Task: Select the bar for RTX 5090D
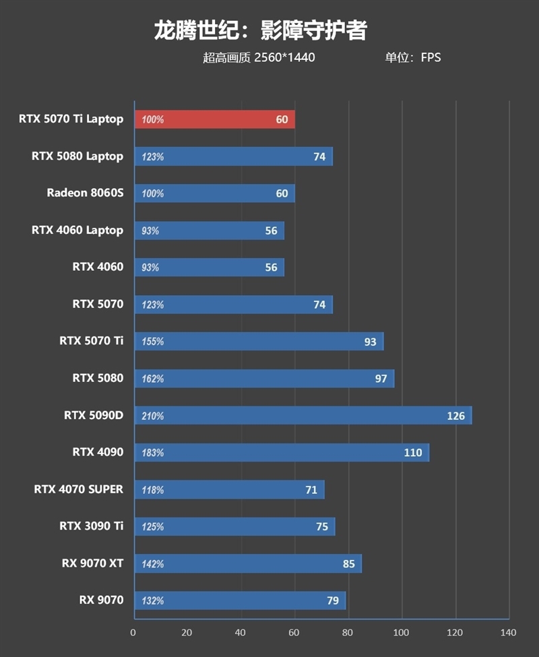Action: (303, 416)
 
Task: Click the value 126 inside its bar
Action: (455, 416)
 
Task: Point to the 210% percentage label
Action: (153, 416)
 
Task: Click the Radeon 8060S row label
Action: (85, 193)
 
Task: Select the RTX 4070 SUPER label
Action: (79, 489)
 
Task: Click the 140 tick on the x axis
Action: (509, 633)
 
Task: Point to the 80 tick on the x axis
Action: (348, 633)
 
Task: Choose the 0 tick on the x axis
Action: (133, 633)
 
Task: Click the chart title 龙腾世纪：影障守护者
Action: (260, 30)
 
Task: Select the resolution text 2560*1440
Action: (284, 57)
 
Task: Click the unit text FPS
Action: (431, 57)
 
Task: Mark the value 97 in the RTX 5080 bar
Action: (381, 379)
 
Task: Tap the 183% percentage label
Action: (153, 453)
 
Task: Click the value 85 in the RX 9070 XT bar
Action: (348, 563)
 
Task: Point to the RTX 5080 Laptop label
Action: (77, 156)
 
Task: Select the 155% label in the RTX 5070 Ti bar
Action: (153, 342)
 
